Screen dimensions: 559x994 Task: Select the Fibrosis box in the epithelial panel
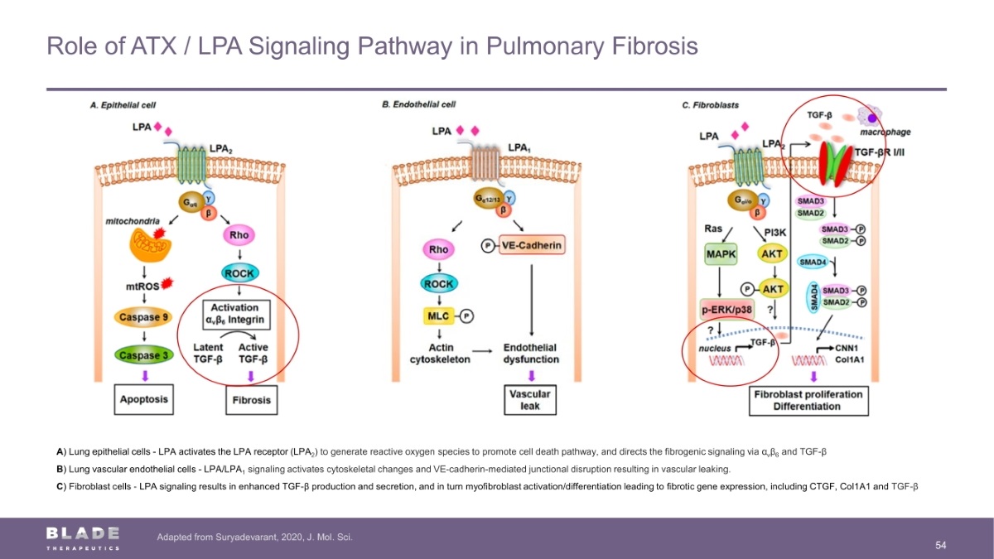click(x=251, y=400)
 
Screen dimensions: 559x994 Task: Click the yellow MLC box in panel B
click(x=437, y=315)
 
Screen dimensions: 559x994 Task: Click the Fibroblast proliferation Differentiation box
click(x=808, y=400)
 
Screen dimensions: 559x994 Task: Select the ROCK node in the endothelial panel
click(x=437, y=284)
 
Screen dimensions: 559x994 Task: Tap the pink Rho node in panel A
click(x=238, y=234)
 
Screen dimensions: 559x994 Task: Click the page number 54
click(x=940, y=544)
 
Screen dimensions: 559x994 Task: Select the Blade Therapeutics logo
click(x=83, y=537)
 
